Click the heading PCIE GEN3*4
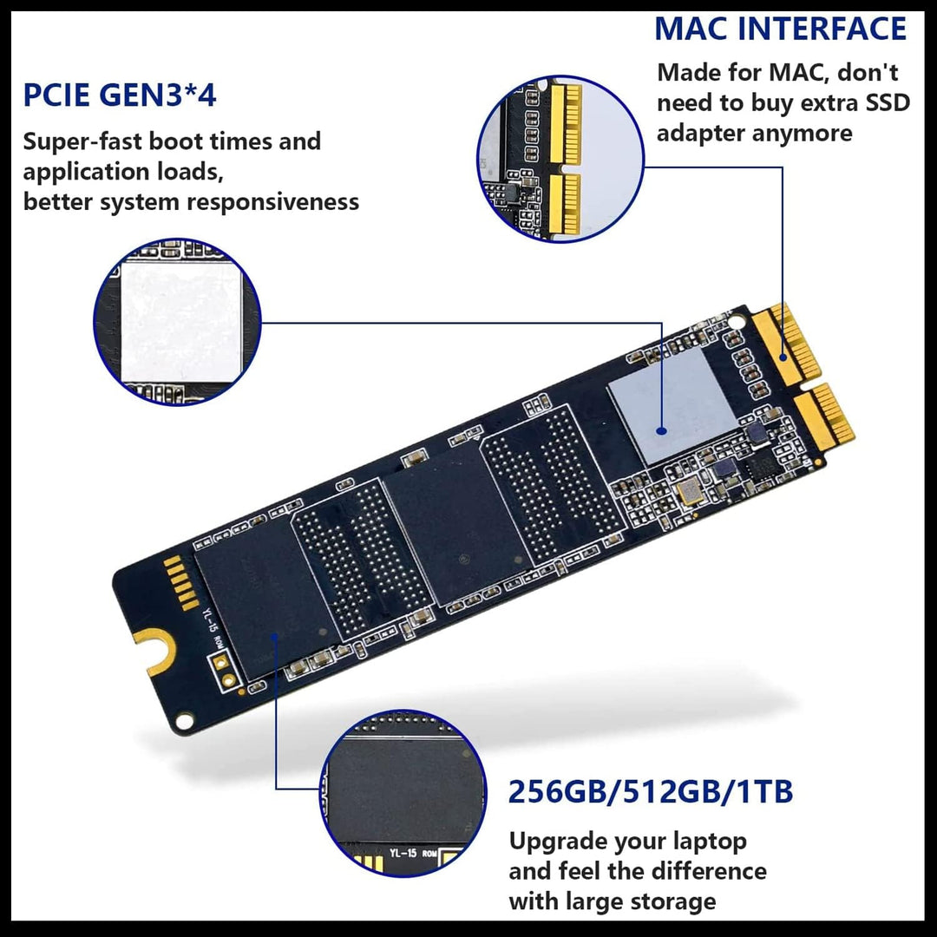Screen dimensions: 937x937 (120, 95)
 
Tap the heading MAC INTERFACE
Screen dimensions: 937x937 (780, 29)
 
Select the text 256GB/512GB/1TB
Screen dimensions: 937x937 (651, 792)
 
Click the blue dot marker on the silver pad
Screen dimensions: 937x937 (661, 429)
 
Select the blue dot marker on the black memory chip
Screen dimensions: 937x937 (275, 639)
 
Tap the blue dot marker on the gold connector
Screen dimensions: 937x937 (783, 357)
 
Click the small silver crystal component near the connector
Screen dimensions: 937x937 (690, 493)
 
